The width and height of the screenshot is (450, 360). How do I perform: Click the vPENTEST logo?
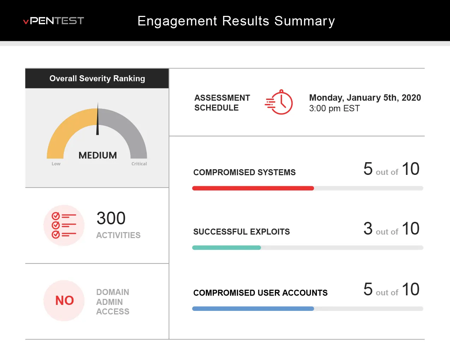click(54, 21)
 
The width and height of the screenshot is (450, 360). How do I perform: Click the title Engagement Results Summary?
click(236, 21)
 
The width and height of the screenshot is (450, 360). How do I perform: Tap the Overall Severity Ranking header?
click(97, 78)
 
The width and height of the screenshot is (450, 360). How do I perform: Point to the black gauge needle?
click(98, 120)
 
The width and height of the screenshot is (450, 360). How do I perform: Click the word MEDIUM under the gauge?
click(98, 155)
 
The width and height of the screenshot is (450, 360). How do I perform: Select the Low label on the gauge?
click(56, 164)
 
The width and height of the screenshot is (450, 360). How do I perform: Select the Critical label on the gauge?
click(139, 164)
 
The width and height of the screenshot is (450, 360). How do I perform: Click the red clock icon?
click(279, 102)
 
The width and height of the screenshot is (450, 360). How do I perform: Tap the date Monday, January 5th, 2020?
click(365, 98)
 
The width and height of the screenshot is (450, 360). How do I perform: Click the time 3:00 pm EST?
click(334, 108)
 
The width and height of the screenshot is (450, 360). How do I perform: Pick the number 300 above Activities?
click(111, 218)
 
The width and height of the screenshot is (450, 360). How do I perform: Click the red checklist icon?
click(64, 225)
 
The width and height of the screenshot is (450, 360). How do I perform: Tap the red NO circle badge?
click(64, 301)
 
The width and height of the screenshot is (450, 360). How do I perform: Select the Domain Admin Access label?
click(113, 302)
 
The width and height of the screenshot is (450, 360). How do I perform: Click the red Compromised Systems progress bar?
click(253, 188)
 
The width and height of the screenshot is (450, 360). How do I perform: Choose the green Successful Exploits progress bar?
click(226, 248)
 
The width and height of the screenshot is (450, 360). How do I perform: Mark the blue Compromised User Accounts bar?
click(253, 309)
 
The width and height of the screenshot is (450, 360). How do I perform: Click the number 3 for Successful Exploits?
click(368, 229)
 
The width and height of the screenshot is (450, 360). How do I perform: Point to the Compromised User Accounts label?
click(260, 293)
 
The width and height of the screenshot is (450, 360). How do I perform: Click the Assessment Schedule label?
click(222, 103)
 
